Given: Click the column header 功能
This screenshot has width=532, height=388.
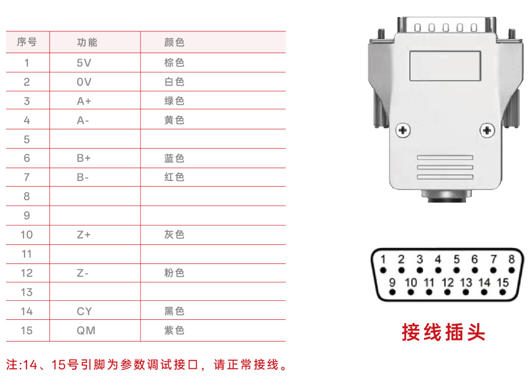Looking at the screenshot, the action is point(87,43).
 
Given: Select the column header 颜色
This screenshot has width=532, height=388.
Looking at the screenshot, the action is point(174,43).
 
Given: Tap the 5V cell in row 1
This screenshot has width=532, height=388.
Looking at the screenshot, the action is point(84,63).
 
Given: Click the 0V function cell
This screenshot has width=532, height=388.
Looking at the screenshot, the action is point(84,82).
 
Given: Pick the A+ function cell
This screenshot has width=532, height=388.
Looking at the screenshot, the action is point(84,101).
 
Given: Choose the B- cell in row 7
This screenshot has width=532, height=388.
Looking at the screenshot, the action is point(82,177).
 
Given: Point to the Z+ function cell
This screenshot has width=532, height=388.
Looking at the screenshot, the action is point(84,235).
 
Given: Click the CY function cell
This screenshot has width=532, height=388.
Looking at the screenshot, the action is point(84,311).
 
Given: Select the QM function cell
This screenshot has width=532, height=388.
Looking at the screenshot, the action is point(86,331).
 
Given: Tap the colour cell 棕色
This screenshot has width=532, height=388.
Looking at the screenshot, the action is point(174,63).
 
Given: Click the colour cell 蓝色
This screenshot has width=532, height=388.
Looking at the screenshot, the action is point(174,158).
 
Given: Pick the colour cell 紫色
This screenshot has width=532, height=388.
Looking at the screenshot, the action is point(174,331).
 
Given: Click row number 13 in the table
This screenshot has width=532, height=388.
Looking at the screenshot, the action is point(27,292).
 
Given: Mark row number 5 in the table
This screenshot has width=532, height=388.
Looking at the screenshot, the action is point(27,139).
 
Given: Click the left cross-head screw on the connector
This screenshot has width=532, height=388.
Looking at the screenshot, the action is point(403,130).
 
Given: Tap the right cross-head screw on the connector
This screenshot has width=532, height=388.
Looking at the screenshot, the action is point(487,130).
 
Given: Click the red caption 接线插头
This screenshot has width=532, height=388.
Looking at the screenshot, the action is point(444,332).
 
